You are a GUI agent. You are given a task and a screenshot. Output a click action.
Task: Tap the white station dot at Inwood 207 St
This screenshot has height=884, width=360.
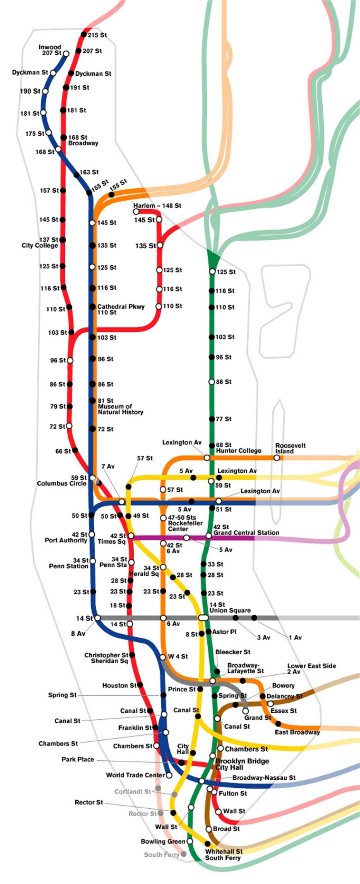coord(66,54)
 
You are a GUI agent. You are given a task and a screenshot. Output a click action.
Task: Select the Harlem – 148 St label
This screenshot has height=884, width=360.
coord(157,205)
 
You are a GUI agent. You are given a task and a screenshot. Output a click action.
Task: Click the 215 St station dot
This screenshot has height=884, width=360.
coord(84,34)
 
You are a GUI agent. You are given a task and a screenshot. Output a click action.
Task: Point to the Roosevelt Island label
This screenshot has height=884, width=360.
coord(290,448)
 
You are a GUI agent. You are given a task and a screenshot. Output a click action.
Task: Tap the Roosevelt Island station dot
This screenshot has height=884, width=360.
coord(277,458)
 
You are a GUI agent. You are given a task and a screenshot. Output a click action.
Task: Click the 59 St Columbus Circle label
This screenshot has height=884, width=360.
coord(62,480)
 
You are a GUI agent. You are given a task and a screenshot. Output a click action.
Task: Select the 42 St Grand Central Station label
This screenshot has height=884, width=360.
coord(246,530)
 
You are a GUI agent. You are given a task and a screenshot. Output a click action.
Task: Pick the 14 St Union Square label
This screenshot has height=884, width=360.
coord(230,607)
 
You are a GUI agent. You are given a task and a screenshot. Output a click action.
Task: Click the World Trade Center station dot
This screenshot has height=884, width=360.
coord(169,775)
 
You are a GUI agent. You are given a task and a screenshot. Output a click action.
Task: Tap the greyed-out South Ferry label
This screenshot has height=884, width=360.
coord(161,855)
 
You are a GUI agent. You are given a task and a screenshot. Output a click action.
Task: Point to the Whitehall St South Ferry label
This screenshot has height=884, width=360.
coord(224,855)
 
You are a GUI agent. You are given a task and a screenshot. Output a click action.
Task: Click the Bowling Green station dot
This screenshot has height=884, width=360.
coord(190,841)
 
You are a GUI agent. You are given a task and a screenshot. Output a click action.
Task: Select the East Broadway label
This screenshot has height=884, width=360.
coord(297,732)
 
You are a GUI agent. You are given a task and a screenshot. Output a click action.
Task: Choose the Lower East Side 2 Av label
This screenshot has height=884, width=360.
coord(311,669)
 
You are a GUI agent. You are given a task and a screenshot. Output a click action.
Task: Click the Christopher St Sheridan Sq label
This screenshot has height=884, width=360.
coord(106,658)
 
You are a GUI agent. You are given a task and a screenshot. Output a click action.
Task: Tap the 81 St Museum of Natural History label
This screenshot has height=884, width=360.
coord(120,406)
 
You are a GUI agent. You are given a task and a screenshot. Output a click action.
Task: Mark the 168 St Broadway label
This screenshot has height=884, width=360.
coord(83,140)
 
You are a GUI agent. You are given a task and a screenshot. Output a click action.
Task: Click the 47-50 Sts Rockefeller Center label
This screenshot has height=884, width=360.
coord(185,523)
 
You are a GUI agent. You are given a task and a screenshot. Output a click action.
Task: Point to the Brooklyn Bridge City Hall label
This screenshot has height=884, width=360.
coord(242,764)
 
